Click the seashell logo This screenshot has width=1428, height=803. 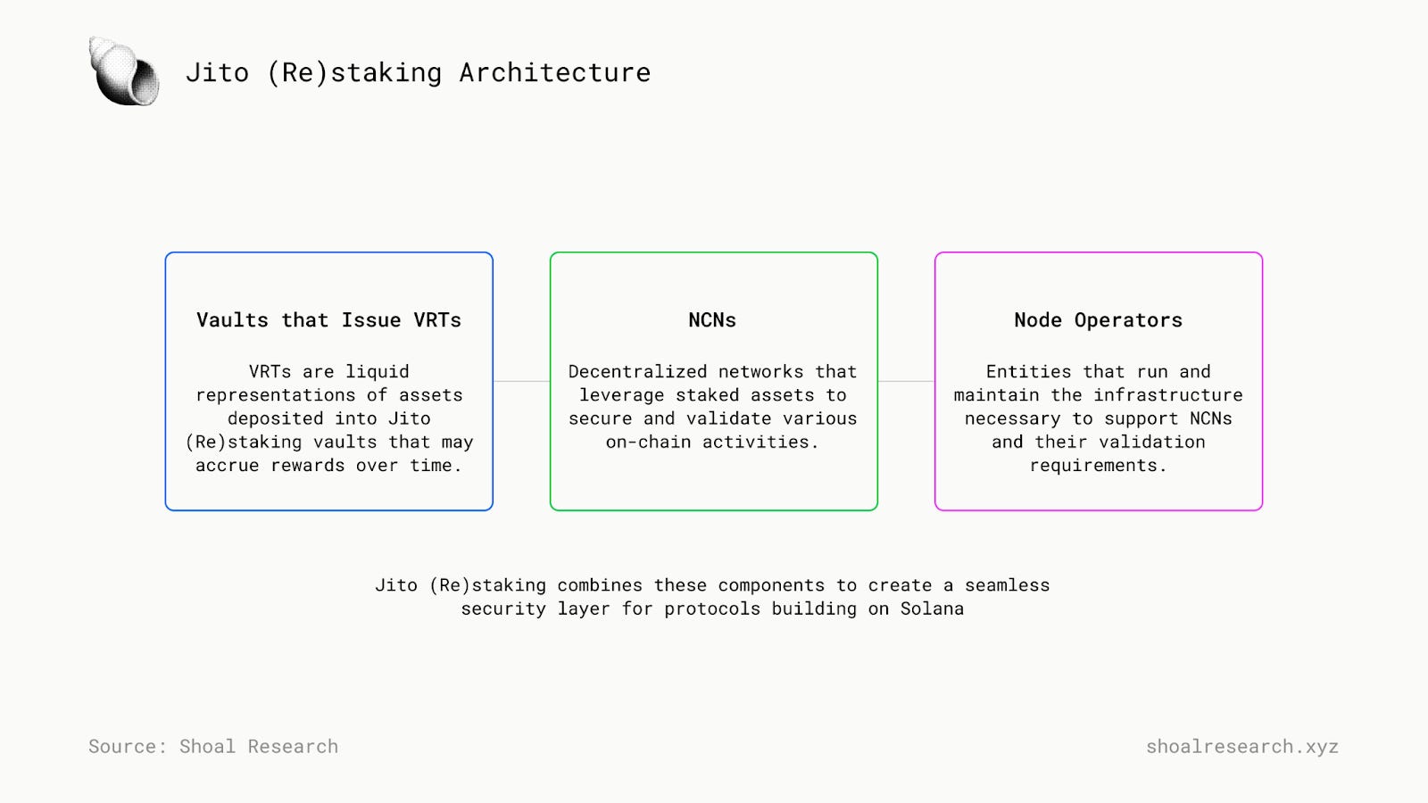(x=124, y=71)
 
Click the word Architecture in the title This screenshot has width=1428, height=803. (x=554, y=72)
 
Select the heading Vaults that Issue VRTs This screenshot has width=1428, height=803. (x=329, y=320)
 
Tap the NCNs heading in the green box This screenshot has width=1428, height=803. (x=712, y=320)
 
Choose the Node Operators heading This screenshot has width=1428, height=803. (x=1099, y=320)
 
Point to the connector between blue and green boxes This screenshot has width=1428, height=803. (x=521, y=381)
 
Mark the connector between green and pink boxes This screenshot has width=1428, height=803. (x=906, y=381)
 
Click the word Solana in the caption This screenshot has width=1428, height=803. (x=932, y=608)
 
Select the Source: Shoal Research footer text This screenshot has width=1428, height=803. (x=213, y=746)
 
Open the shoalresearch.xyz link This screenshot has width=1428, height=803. (x=1241, y=746)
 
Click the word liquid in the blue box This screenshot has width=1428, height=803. (x=378, y=371)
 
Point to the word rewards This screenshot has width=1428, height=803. (x=308, y=465)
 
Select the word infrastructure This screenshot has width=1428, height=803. (x=1168, y=395)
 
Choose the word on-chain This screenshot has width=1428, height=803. (x=648, y=443)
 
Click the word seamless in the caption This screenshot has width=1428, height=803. (x=1007, y=585)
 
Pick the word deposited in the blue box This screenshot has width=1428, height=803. (x=276, y=418)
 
